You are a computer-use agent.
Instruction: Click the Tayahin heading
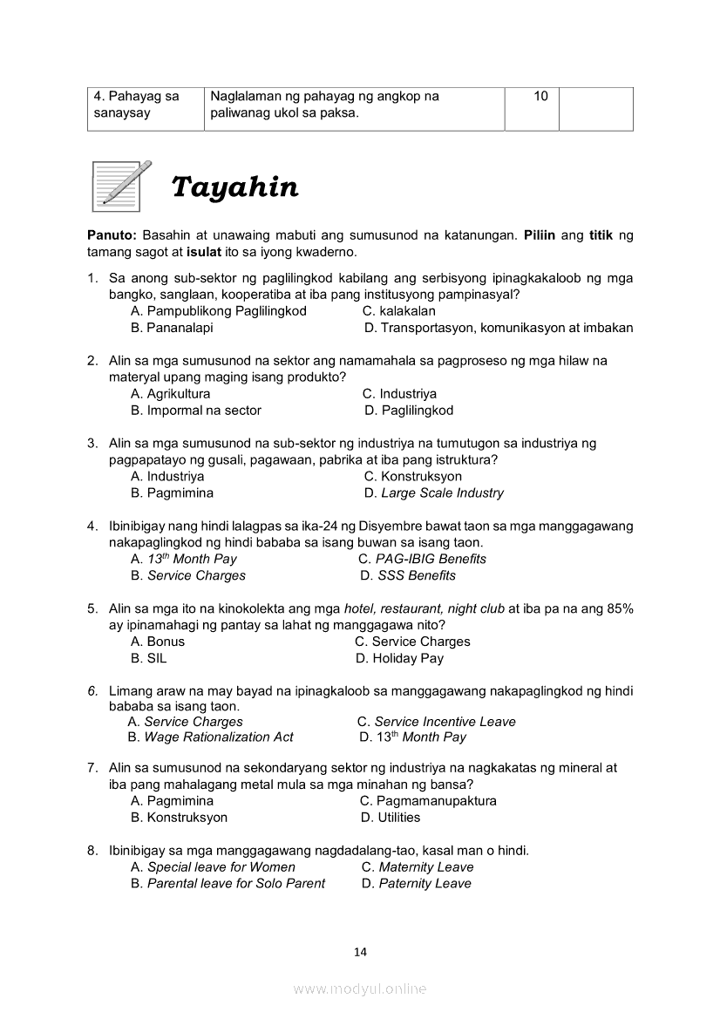coord(234,187)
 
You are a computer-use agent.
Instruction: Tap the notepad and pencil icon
coord(121,186)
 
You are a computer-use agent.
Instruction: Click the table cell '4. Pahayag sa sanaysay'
coord(145,105)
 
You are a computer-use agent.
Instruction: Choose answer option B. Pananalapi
coord(172,328)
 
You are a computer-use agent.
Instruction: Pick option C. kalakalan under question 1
coord(398,311)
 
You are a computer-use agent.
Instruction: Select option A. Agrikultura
coord(170,394)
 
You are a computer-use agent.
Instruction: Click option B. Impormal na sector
coord(195,411)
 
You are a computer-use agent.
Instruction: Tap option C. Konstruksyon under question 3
coord(412,477)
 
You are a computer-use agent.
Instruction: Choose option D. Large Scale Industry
coord(433,493)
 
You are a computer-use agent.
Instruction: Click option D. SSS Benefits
coord(408,575)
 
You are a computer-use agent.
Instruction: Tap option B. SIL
coord(148,658)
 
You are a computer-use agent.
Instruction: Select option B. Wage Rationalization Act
coord(210,737)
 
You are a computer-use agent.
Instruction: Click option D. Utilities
coord(391,818)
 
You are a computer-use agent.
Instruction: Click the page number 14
coord(360,952)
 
